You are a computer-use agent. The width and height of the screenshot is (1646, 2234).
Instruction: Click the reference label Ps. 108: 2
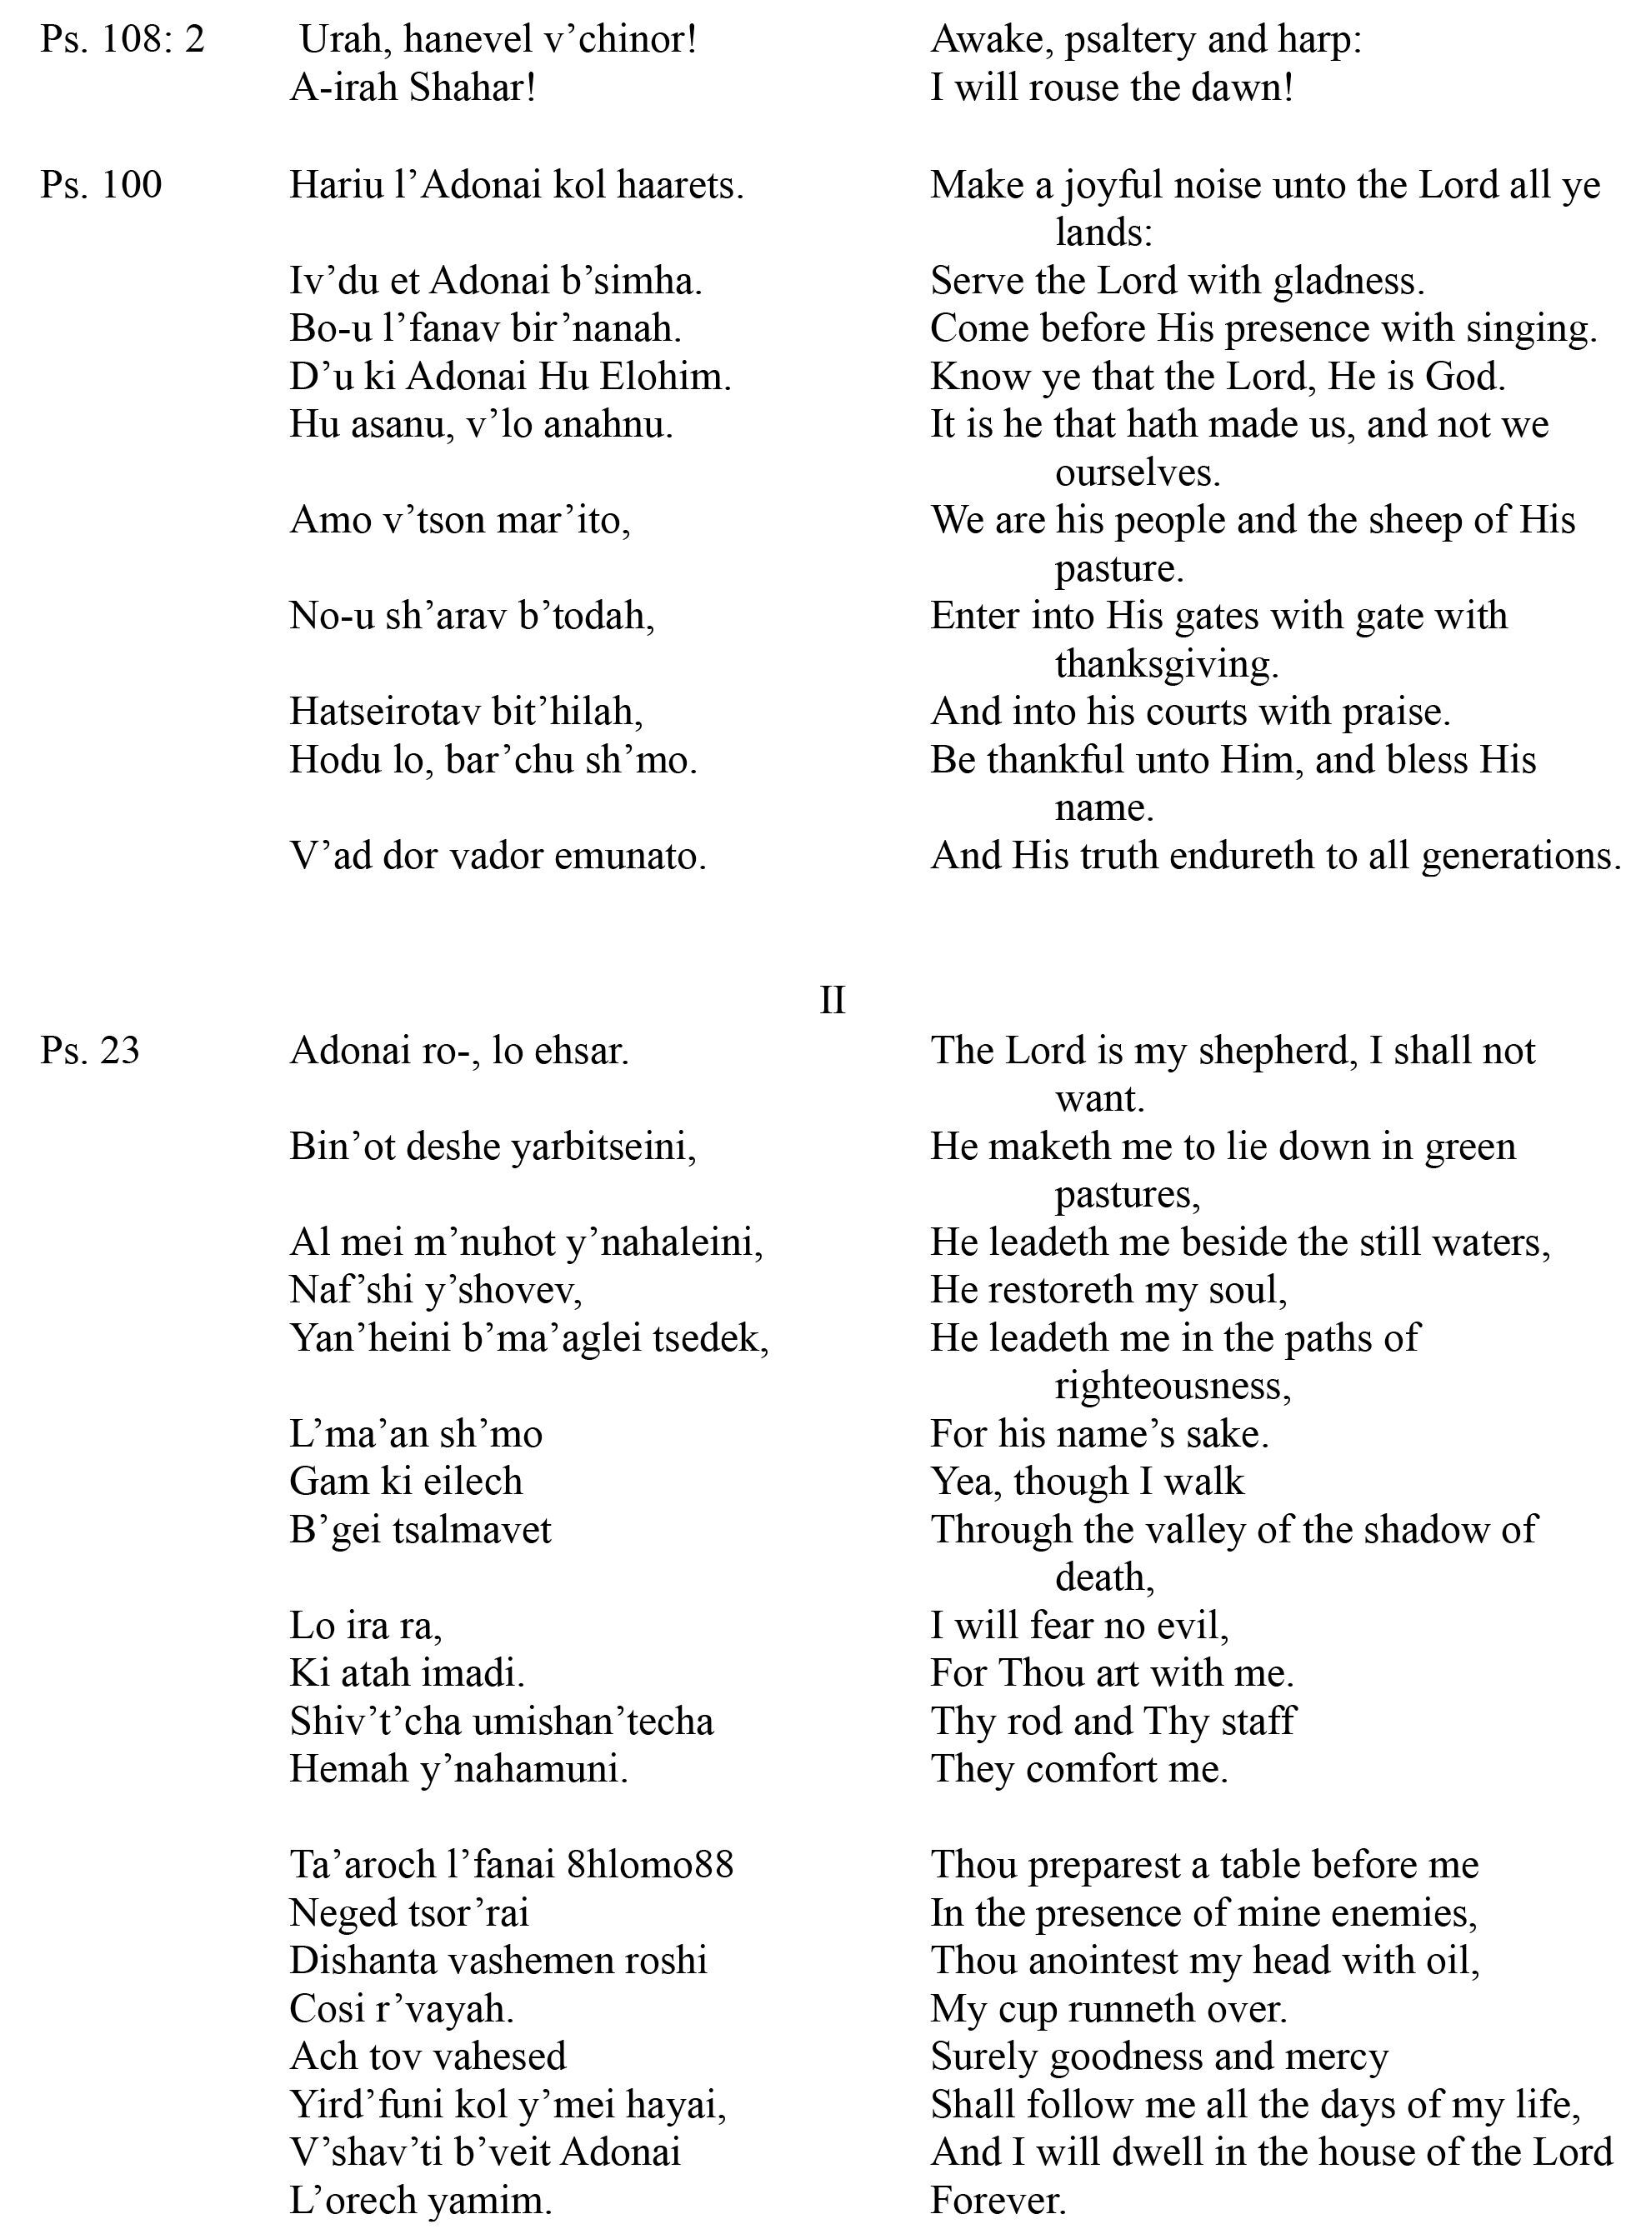click(x=122, y=40)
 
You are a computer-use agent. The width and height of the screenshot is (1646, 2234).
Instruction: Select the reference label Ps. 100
click(x=101, y=185)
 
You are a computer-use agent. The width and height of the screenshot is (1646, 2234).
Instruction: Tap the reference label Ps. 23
click(x=90, y=1051)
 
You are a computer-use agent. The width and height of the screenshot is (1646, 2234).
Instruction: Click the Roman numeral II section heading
click(x=832, y=1001)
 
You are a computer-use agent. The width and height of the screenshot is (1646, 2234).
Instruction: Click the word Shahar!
click(x=473, y=88)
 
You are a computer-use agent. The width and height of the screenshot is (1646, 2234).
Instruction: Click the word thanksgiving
click(x=1166, y=664)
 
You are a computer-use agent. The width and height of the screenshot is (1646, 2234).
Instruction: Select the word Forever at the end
click(x=998, y=2200)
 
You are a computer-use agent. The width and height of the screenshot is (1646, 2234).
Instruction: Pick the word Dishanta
click(x=363, y=1961)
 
